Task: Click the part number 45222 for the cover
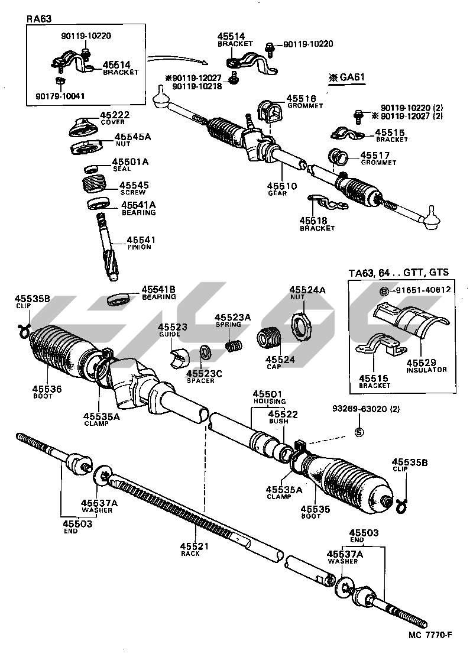coord(114,115)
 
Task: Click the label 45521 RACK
coord(190,549)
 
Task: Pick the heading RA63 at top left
coord(40,18)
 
